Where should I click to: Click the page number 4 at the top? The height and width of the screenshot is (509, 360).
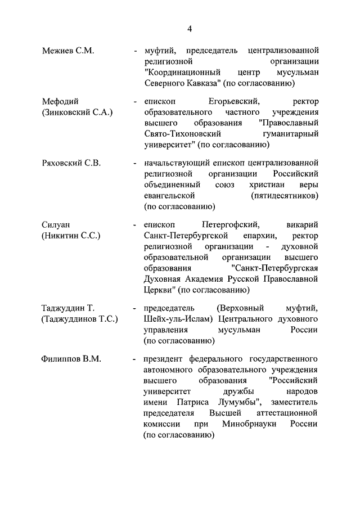[x=190, y=29]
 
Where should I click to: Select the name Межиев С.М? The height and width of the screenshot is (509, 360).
[x=67, y=51]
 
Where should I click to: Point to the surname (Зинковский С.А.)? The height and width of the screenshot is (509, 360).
[x=77, y=112]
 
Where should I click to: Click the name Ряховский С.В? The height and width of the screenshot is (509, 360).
[x=71, y=163]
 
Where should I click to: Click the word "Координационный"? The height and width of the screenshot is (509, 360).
[x=181, y=73]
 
